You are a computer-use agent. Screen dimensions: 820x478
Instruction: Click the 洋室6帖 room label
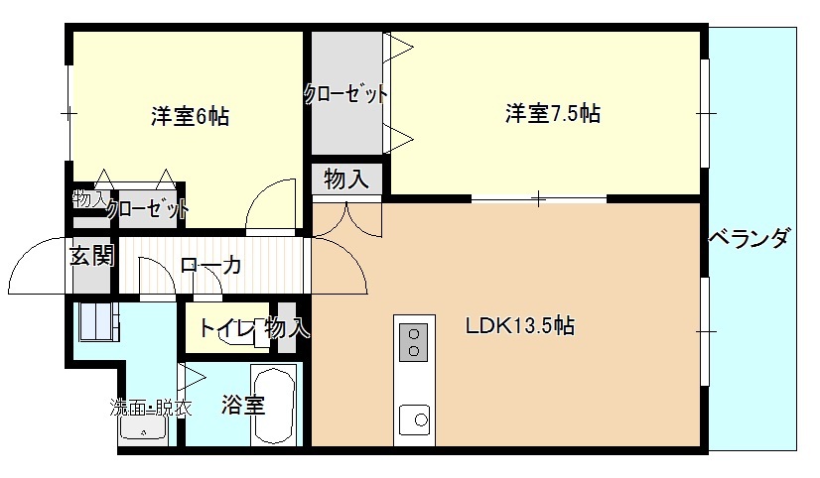pos(191,116)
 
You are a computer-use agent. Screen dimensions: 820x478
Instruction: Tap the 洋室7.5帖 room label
pos(553,113)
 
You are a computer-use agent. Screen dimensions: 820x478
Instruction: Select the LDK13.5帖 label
pos(520,326)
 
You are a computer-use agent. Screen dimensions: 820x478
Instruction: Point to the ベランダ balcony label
pos(749,238)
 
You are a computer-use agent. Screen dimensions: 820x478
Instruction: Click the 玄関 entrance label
pos(92,256)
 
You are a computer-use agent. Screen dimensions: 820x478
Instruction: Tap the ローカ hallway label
pos(210,266)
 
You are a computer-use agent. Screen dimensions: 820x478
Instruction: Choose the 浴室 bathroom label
pos(242,405)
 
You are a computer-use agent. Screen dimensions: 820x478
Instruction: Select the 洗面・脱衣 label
pos(151,408)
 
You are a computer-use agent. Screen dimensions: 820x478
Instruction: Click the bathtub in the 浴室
pos(274,406)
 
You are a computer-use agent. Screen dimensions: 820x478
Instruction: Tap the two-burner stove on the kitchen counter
pos(414,342)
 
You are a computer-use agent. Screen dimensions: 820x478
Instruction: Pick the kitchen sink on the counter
pos(414,419)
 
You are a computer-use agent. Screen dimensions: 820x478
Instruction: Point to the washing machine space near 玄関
pos(96,321)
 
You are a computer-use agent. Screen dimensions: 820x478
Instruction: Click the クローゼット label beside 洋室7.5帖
pos(346,94)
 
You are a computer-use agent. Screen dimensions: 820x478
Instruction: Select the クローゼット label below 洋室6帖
pos(148,209)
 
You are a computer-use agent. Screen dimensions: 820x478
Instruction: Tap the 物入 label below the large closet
pos(346,179)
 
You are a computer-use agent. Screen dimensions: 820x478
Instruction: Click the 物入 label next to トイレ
pos(287,328)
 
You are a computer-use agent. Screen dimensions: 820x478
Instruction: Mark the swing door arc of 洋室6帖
pos(261,198)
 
